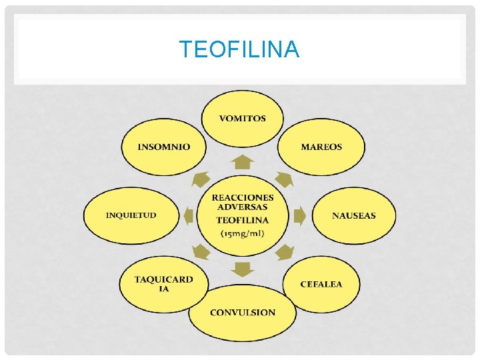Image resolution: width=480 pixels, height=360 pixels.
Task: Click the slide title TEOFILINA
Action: (x=239, y=49)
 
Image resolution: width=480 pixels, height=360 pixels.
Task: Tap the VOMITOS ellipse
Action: (x=243, y=119)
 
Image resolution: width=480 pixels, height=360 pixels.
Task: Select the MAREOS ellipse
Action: (x=321, y=147)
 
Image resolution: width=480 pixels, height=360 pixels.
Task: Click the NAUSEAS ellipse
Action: (x=353, y=215)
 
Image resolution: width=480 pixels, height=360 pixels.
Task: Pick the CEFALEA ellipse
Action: (x=321, y=285)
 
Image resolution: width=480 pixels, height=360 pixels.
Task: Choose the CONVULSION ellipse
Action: (x=243, y=312)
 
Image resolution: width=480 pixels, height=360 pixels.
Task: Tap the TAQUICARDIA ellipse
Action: (x=163, y=284)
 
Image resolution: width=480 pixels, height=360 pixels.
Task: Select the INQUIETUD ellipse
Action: (x=131, y=215)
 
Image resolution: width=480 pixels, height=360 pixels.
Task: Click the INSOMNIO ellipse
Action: (x=163, y=147)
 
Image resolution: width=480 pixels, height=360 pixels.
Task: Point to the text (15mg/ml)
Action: (x=243, y=233)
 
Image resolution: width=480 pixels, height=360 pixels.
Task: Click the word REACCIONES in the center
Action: (x=243, y=197)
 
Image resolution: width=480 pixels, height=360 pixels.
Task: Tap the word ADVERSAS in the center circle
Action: (x=243, y=207)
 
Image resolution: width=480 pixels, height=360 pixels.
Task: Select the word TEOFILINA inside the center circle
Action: (x=243, y=220)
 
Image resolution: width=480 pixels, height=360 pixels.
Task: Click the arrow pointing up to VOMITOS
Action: (x=243, y=162)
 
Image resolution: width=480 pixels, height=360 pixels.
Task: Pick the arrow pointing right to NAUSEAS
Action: (x=299, y=215)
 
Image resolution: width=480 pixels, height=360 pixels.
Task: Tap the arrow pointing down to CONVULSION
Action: (x=243, y=269)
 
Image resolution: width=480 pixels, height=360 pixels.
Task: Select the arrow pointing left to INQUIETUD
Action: (x=189, y=215)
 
